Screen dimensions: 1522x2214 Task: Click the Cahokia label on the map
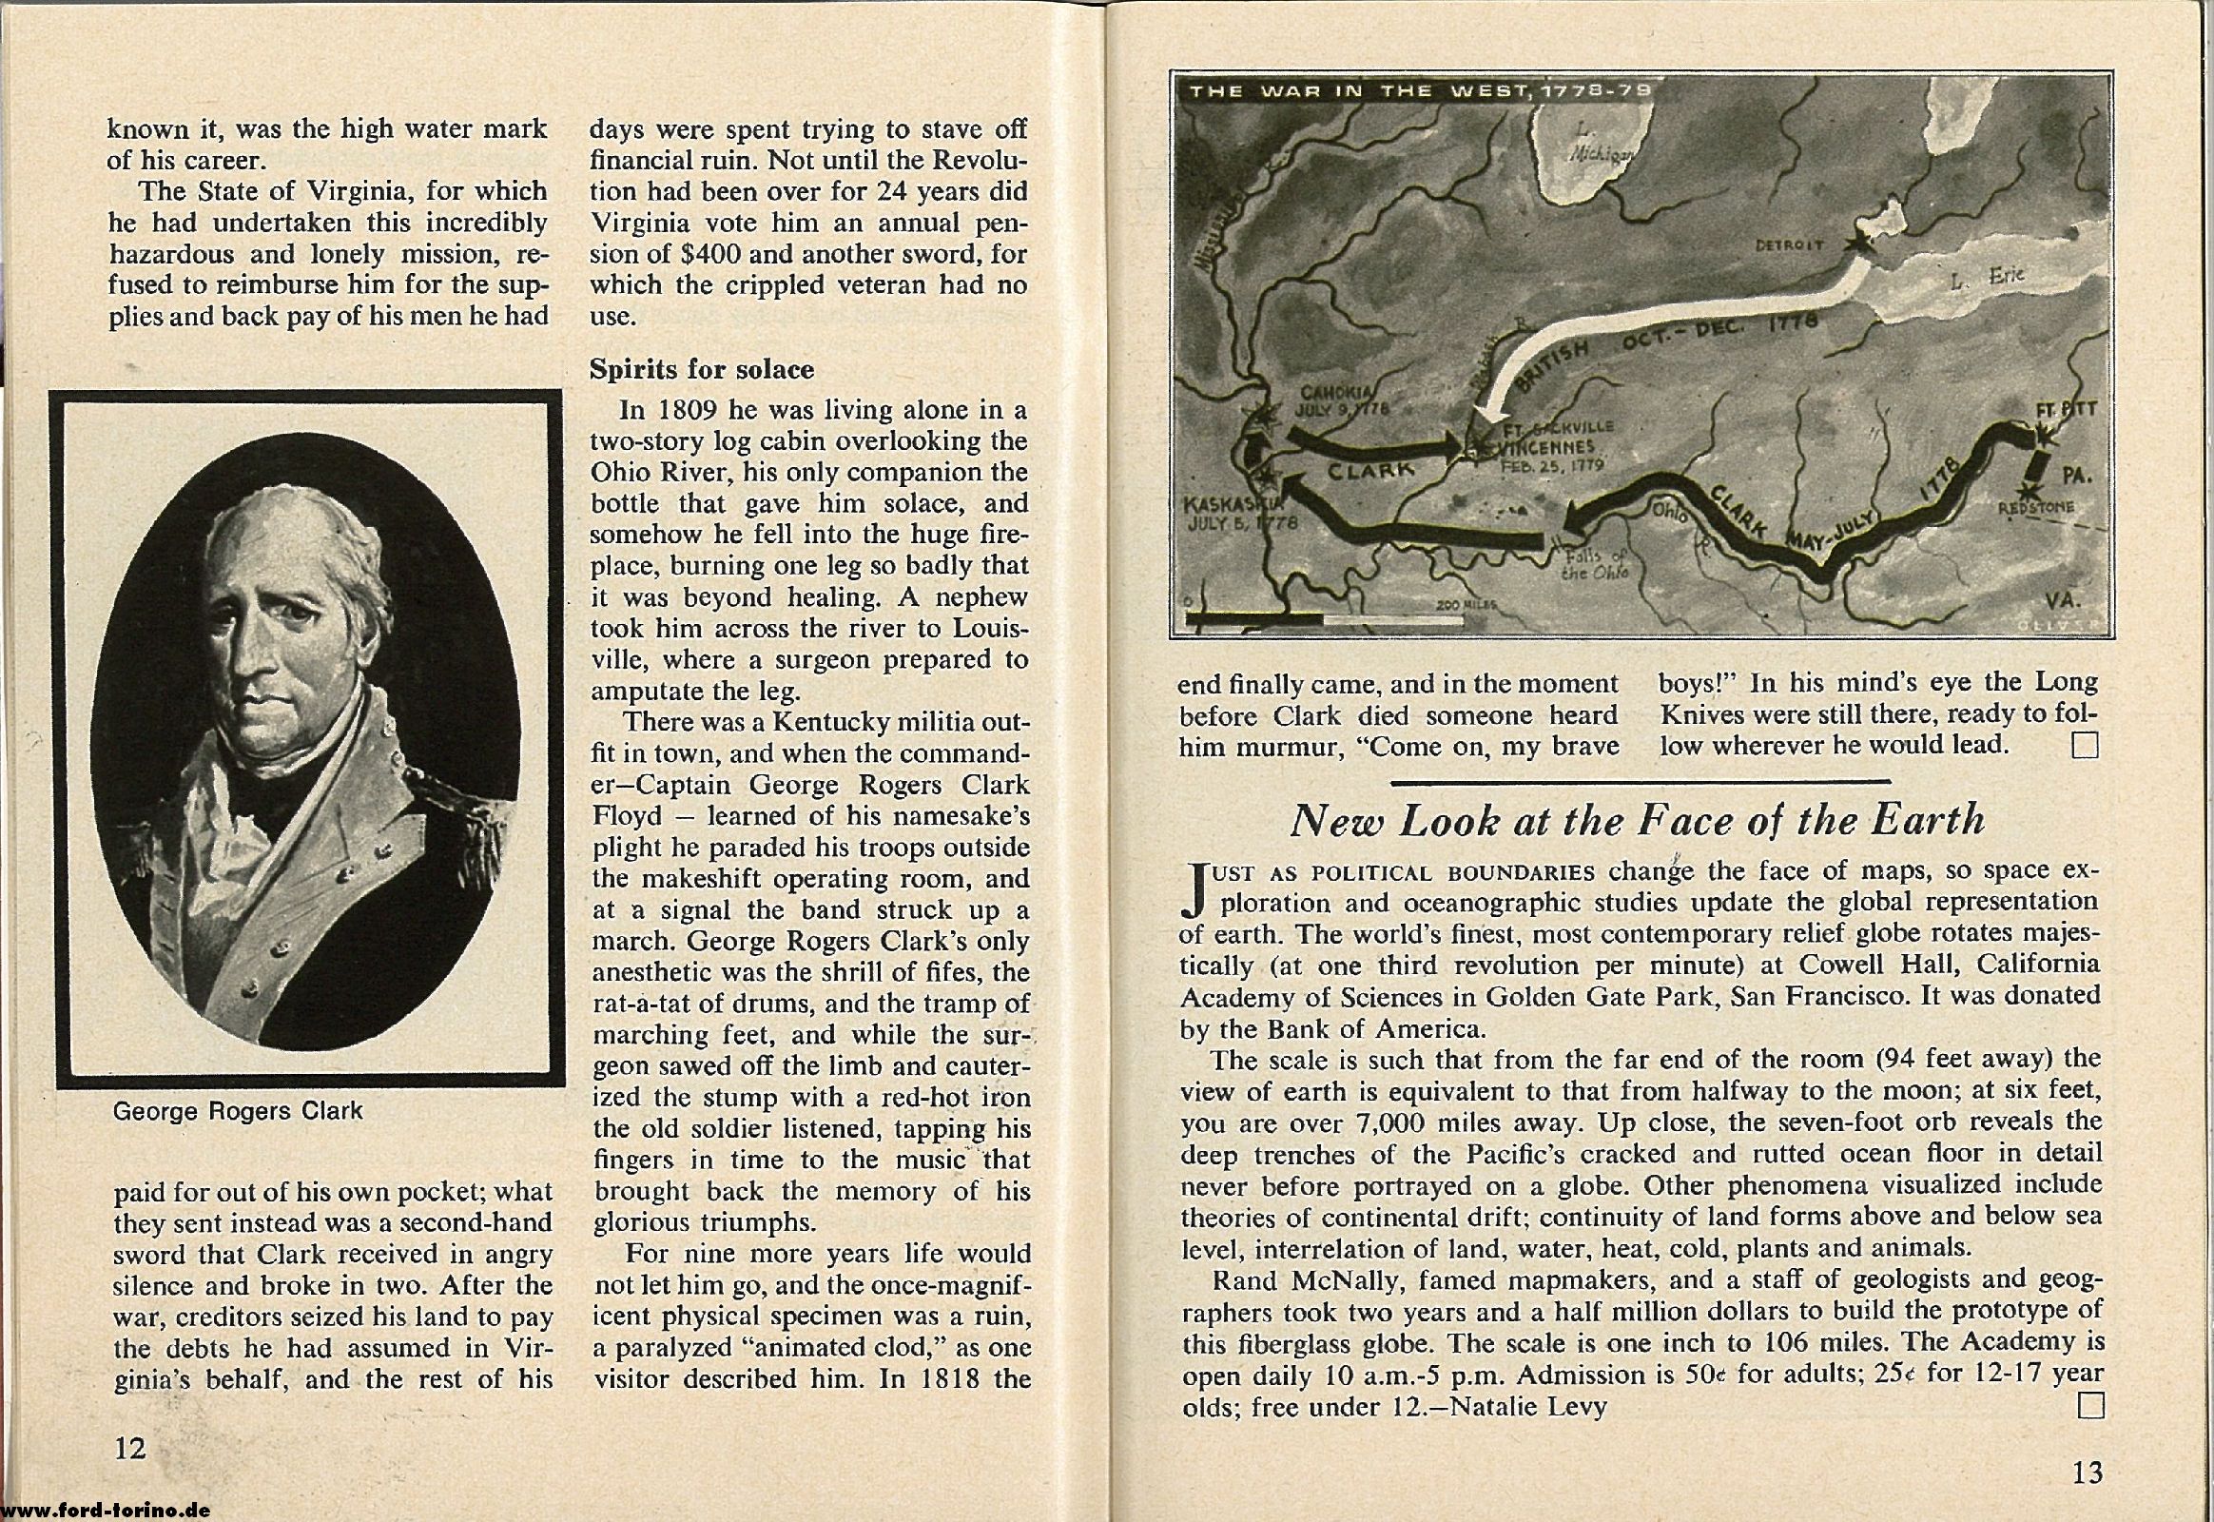(x=1338, y=401)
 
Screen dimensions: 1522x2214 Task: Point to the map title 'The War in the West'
(x=1421, y=92)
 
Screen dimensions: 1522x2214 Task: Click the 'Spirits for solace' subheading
(x=702, y=370)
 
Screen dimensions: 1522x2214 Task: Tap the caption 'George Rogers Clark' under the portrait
(x=238, y=1111)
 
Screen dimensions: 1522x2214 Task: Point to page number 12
(x=129, y=1448)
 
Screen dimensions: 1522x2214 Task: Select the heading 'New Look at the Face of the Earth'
(x=1638, y=820)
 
